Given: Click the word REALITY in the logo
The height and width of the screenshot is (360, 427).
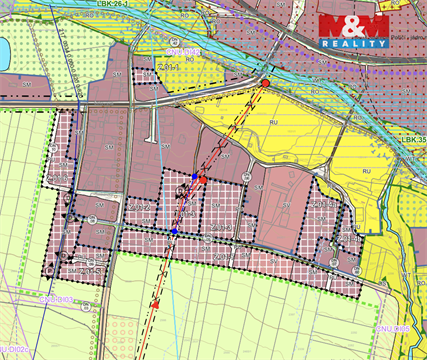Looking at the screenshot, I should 354,44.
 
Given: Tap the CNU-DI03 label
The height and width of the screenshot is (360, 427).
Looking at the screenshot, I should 58,299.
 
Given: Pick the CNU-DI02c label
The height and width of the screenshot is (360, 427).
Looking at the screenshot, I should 12,348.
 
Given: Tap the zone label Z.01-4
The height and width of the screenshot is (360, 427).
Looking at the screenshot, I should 186,212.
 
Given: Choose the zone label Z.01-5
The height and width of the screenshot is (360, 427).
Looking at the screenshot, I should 323,204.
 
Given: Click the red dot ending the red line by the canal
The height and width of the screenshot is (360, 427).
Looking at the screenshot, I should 266,81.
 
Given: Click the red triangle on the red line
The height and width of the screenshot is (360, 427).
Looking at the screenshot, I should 157,302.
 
